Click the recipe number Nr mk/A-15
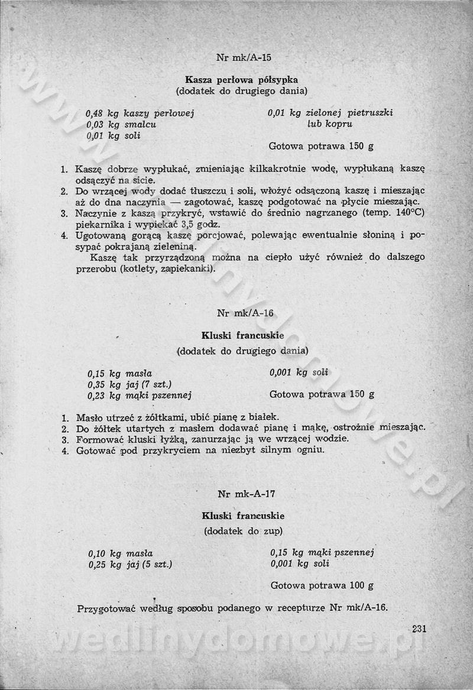244,58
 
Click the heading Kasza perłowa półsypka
241,79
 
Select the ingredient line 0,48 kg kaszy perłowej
140,113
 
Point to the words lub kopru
330,124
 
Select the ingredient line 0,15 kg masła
120,373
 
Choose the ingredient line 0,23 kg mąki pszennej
140,396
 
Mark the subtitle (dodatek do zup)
244,530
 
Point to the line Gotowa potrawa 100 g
322,586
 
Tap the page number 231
419,629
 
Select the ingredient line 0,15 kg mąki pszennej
322,553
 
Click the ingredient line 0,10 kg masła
121,553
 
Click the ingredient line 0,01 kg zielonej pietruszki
330,112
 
